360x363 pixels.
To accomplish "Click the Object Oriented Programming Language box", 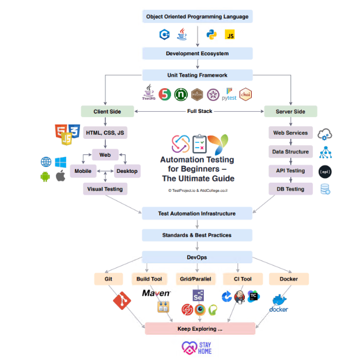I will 198,17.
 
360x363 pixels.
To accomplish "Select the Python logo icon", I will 211,35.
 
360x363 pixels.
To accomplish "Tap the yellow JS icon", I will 230,35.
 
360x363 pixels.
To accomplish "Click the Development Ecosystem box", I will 198,54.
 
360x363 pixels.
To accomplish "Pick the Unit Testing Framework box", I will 198,75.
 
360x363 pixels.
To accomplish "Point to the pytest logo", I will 229,94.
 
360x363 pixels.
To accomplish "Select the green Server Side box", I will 290,111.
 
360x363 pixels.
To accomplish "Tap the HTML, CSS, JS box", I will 105,133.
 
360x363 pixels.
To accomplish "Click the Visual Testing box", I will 105,188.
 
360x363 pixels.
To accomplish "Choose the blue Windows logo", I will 61,162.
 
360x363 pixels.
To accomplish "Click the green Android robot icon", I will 46,176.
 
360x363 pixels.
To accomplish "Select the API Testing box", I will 291,171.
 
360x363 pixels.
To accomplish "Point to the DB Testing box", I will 291,189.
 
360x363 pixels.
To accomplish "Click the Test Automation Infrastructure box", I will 198,214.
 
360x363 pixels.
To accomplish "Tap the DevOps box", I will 198,257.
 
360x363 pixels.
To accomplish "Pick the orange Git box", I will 109,279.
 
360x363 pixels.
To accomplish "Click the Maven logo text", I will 156,293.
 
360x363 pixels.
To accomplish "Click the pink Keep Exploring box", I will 200,328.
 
